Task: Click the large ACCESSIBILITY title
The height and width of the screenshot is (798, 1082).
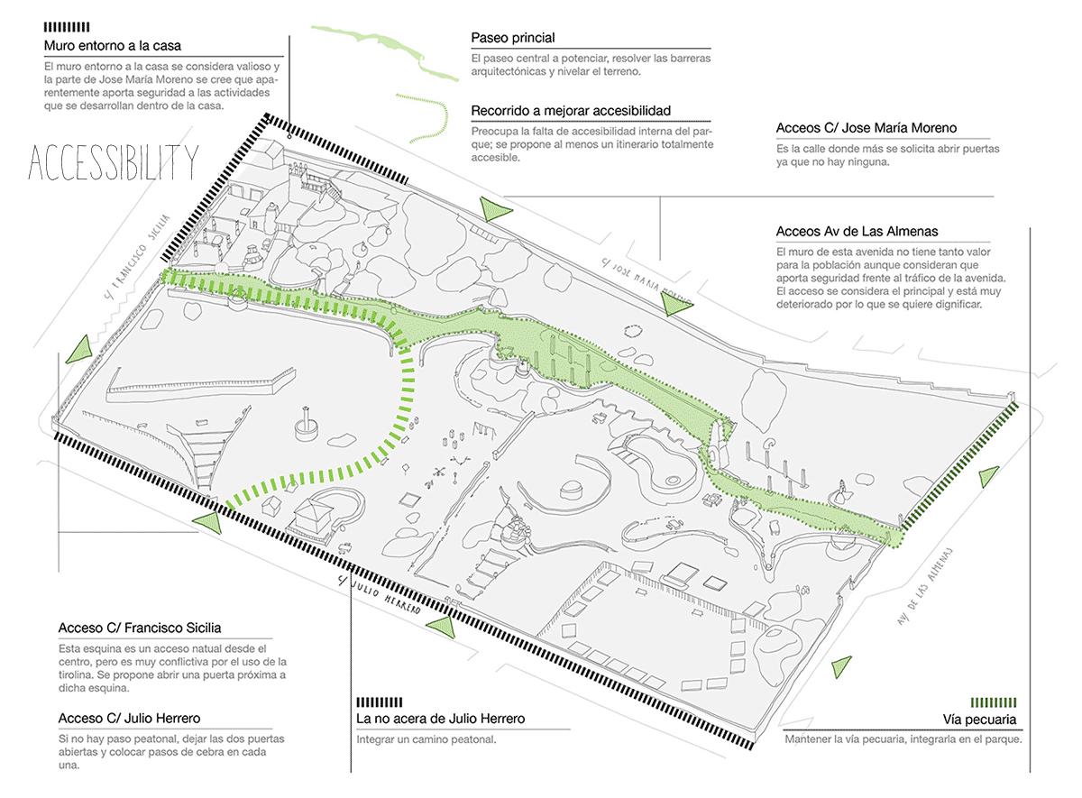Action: click(113, 162)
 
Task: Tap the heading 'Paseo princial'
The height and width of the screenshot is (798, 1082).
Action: click(513, 38)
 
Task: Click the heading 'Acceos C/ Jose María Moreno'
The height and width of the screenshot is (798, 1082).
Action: click(866, 128)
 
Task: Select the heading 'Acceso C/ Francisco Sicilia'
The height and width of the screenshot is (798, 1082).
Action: click(140, 628)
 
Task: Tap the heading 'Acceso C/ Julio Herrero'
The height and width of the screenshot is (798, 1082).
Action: click(129, 718)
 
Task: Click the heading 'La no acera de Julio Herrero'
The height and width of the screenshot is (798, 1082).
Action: click(441, 719)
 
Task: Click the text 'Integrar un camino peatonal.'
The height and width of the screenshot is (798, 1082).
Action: click(426, 739)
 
